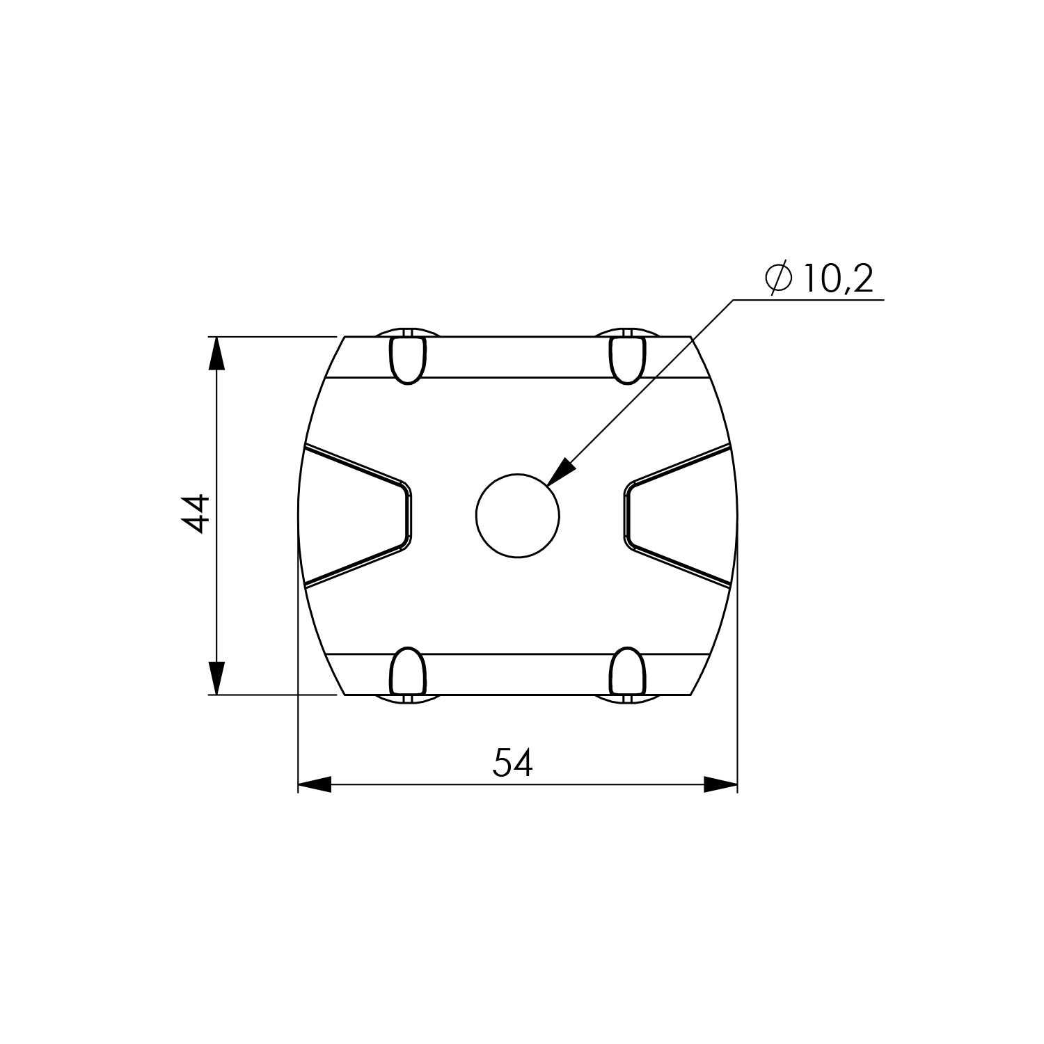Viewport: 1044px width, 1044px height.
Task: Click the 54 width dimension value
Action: point(513,763)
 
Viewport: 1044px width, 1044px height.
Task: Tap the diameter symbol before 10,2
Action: point(777,279)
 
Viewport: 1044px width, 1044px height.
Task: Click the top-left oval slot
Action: point(406,360)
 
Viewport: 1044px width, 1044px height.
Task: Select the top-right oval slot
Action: point(627,360)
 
